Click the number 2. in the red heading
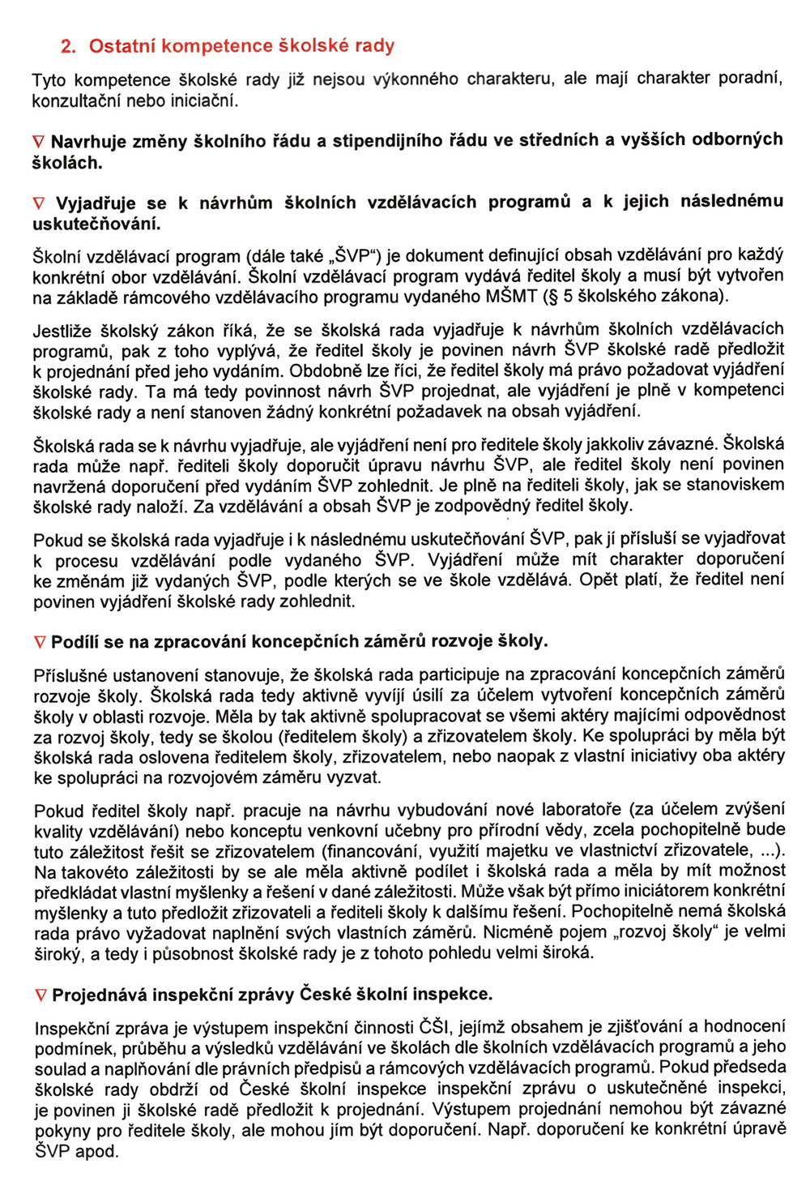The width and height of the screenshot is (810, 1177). point(68,46)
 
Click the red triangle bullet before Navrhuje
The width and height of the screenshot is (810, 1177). point(38,142)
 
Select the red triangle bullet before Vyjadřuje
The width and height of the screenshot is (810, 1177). point(38,203)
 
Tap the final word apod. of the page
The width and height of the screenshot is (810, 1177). point(96,1152)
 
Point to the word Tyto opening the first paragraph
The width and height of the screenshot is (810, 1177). point(49,80)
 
